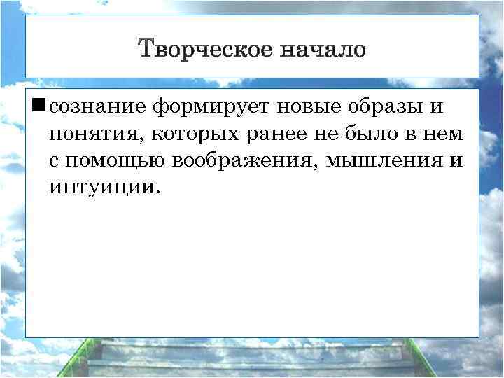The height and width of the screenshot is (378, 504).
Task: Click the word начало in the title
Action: [x=323, y=50]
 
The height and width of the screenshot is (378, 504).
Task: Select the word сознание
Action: [x=98, y=106]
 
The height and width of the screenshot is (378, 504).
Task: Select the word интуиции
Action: [x=105, y=187]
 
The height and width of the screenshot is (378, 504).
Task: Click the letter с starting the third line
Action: [x=55, y=160]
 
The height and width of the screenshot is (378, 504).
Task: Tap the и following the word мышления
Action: [x=456, y=160]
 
